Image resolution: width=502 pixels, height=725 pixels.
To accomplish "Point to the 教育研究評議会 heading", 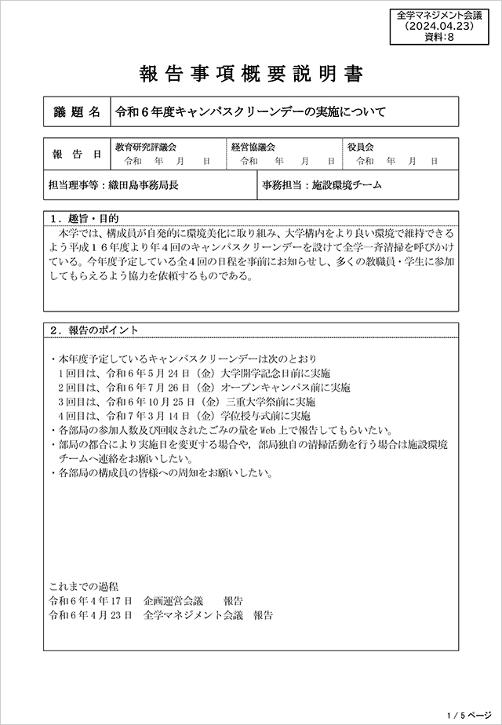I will coord(146,147).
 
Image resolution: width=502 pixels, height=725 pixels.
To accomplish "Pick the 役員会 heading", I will coord(361,147).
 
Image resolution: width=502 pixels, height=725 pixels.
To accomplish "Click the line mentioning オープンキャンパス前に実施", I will coord(203,387).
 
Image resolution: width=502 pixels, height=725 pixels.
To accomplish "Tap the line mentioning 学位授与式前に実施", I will coord(184,415).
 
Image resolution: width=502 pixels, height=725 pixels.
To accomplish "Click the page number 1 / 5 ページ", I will coord(467,716).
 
